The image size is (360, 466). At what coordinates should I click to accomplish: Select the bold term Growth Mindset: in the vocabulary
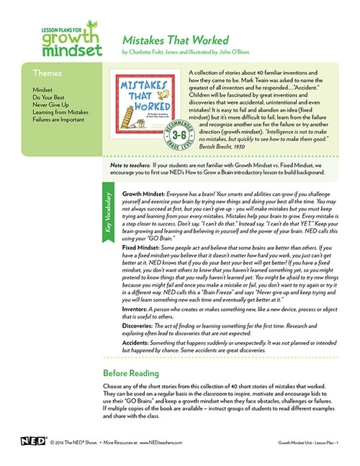click(x=147, y=194)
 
